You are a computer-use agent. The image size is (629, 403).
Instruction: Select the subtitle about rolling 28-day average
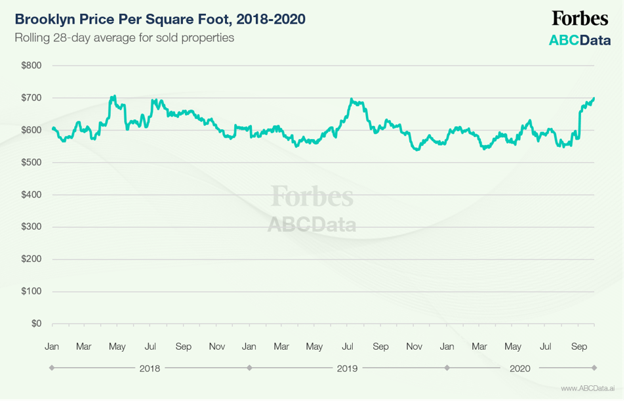pos(125,37)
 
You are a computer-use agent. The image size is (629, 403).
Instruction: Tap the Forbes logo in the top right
pos(579,18)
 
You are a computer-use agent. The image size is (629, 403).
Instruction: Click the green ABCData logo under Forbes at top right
pos(579,41)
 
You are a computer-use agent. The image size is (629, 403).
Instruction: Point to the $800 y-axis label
pos(31,66)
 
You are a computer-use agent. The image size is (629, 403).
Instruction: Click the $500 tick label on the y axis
pos(31,162)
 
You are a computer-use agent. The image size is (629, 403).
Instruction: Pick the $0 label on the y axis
pos(36,324)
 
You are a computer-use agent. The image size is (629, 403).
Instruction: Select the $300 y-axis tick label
pos(31,227)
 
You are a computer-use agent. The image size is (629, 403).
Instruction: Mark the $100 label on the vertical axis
pos(31,291)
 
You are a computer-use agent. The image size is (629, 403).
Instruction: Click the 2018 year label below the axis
pos(150,368)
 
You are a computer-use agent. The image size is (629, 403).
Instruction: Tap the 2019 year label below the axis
pos(347,368)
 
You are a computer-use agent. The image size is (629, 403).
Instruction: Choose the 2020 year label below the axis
pos(520,368)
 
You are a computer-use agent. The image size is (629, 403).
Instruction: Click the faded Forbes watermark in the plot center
pos(312,196)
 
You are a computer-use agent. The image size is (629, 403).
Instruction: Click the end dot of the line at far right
pos(594,98)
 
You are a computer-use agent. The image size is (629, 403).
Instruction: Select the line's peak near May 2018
pos(114,96)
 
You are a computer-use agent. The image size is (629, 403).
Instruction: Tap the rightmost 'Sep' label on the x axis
pos(579,346)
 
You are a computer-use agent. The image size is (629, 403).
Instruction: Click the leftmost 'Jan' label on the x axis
pos(52,346)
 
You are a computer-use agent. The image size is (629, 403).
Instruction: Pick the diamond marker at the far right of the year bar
pos(594,368)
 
